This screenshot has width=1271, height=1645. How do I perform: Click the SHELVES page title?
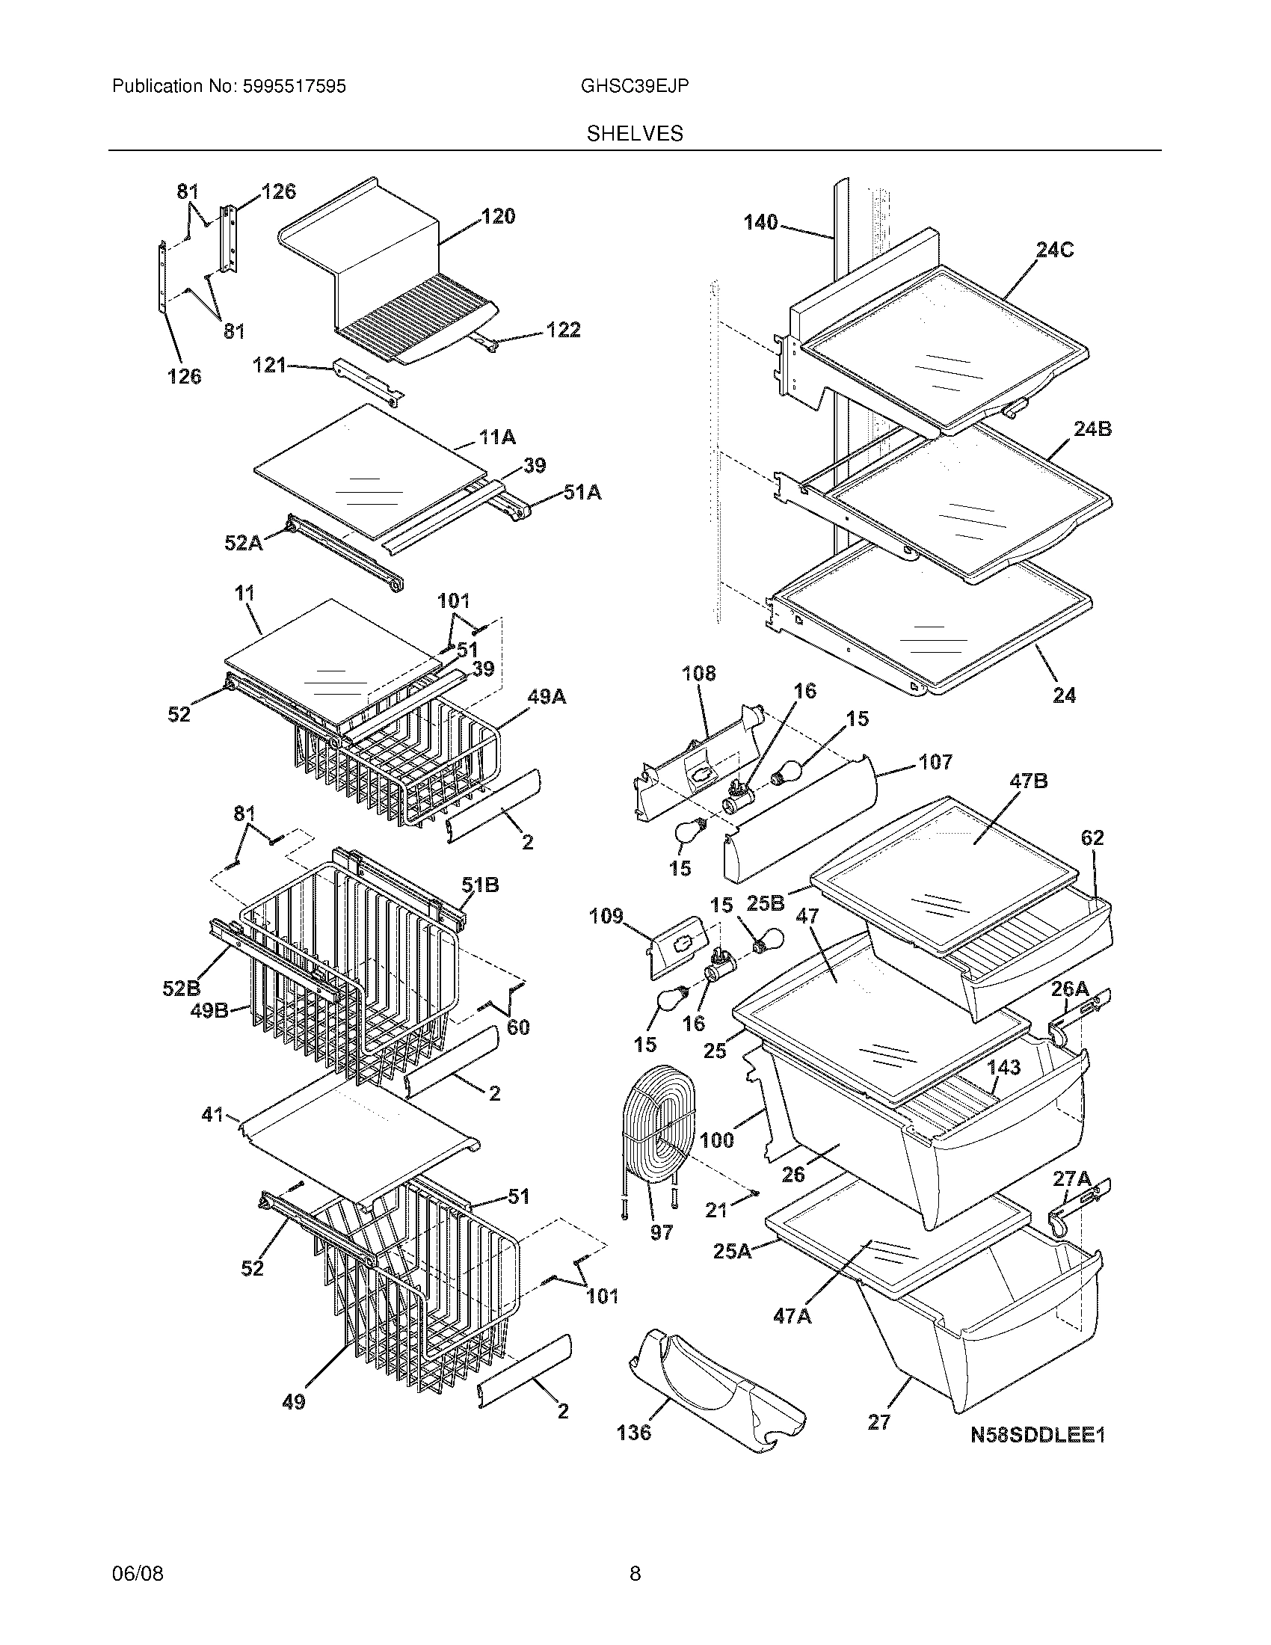tap(635, 134)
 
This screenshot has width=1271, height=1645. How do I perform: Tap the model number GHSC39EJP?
tap(634, 87)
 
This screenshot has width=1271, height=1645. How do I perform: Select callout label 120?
tap(499, 217)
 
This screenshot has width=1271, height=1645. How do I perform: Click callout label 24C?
tap(1054, 250)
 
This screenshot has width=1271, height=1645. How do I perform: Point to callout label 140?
tap(760, 222)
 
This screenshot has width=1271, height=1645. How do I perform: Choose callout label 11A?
tap(497, 437)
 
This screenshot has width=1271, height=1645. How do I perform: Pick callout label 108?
tap(699, 674)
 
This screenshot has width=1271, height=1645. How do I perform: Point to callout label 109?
tap(606, 916)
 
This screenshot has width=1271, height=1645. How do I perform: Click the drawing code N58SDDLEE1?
tap(1037, 1436)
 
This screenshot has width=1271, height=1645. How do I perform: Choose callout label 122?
tap(563, 330)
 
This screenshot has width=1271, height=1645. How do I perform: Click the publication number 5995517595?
tap(294, 87)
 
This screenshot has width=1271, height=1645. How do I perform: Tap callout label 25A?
tap(732, 1251)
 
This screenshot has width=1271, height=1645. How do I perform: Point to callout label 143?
tap(1003, 1067)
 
